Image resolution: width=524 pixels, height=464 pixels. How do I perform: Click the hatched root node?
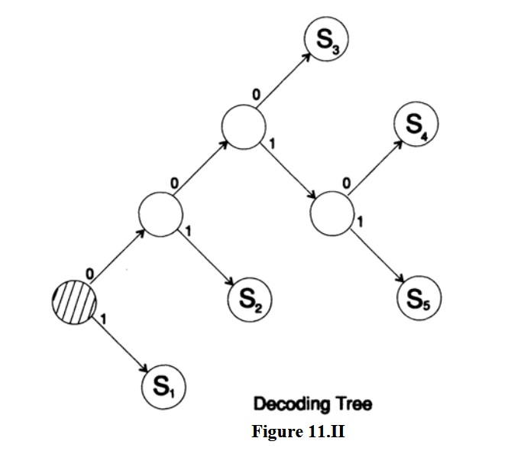(x=74, y=303)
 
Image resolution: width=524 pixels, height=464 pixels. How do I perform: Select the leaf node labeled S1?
(x=163, y=387)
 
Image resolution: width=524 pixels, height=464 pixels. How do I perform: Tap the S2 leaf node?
(x=250, y=300)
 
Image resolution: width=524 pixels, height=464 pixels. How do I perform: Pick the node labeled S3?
(x=326, y=38)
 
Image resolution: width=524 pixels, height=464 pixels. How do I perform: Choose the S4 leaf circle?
(x=416, y=124)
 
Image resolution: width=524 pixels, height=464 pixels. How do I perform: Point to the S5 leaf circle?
(x=419, y=298)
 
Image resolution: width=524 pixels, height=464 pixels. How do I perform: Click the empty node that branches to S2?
(x=160, y=215)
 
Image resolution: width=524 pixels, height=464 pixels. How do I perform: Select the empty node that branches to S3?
(x=244, y=127)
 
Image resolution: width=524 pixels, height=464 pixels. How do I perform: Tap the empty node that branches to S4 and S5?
(x=332, y=213)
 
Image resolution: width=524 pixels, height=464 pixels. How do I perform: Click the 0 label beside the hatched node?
(x=89, y=274)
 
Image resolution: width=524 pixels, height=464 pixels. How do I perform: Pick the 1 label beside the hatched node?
(x=103, y=320)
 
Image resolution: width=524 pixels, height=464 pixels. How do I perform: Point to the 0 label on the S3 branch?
(x=256, y=95)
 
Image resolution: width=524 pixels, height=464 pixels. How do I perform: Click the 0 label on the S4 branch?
(x=347, y=183)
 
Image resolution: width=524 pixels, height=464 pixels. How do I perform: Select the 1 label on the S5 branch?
(x=360, y=222)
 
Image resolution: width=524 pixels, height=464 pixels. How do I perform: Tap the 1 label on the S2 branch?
(x=188, y=231)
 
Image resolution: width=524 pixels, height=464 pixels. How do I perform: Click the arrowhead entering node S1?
(x=144, y=368)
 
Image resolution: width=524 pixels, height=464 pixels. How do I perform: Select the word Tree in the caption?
(x=354, y=404)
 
